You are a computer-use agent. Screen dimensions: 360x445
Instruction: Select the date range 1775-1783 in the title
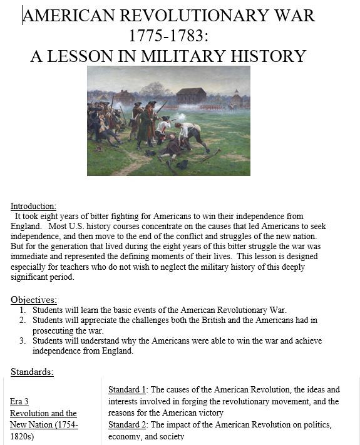tap(168, 36)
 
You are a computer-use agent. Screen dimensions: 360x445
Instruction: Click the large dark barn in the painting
tap(190, 96)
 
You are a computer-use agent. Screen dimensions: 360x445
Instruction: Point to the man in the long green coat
tap(145, 125)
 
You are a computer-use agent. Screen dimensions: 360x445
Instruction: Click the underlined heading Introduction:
tap(33, 206)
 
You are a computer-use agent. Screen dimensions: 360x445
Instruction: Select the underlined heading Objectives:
tap(34, 300)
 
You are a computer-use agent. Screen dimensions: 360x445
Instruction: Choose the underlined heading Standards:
tap(32, 372)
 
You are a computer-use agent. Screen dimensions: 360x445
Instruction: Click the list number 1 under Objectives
tap(22, 310)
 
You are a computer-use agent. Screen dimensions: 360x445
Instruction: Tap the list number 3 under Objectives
tap(22, 340)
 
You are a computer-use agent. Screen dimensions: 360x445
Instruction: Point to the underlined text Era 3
tap(19, 402)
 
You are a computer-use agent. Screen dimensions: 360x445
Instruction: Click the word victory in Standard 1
tap(208, 413)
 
